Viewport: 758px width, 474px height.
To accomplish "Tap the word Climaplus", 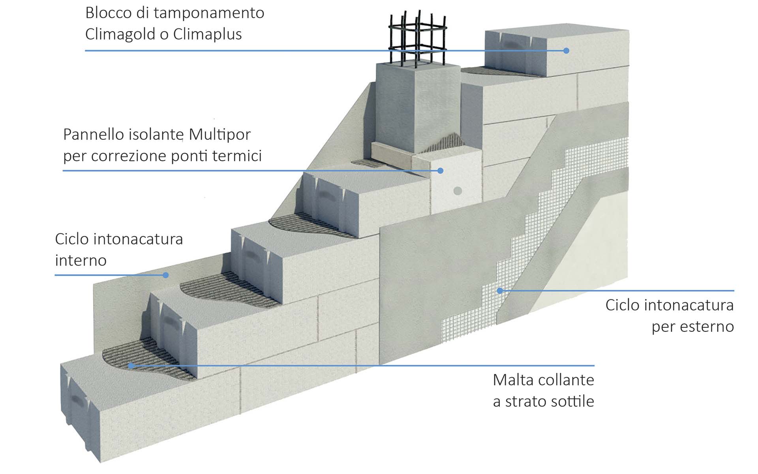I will (x=207, y=34).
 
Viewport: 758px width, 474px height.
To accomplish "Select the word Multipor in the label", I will (x=220, y=135).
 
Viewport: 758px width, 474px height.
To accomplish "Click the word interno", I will (x=81, y=260).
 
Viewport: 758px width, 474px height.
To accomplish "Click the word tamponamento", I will (x=209, y=13).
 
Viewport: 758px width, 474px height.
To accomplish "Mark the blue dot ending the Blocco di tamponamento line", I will (x=566, y=51).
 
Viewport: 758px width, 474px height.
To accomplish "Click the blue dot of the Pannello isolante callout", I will (x=441, y=171).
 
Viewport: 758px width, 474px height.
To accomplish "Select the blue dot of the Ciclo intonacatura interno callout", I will (x=166, y=275).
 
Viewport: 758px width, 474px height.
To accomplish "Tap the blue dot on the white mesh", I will (x=500, y=291).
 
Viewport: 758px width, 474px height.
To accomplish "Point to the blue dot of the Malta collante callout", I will (x=131, y=366).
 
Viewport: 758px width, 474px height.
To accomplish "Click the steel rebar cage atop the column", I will (x=417, y=39).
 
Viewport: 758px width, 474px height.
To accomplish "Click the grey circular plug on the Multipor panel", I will (x=458, y=191).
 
